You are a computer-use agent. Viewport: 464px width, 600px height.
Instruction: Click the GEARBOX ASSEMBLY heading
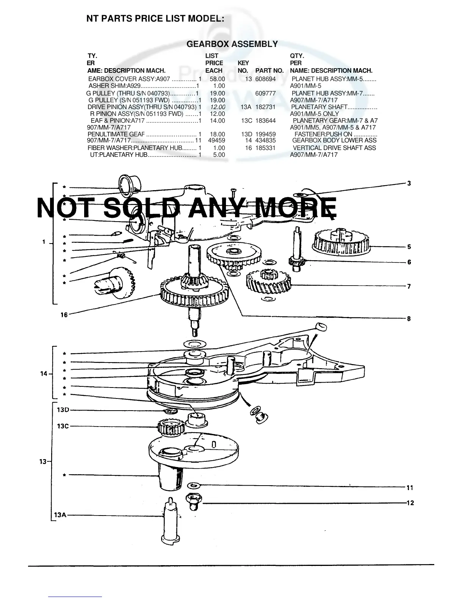pyautogui.click(x=232, y=44)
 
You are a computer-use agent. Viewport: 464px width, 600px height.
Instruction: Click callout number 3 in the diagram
pyautogui.click(x=409, y=184)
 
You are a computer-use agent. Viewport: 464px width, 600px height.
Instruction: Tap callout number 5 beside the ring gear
pyautogui.click(x=409, y=247)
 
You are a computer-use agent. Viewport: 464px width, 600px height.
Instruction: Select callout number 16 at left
pyautogui.click(x=64, y=314)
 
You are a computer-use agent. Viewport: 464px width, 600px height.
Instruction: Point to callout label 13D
pyautogui.click(x=63, y=410)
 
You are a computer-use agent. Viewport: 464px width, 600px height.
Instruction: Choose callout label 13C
pyautogui.click(x=63, y=426)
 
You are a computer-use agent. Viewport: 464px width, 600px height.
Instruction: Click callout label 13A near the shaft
pyautogui.click(x=61, y=515)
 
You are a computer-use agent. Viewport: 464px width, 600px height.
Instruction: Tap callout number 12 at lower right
pyautogui.click(x=410, y=503)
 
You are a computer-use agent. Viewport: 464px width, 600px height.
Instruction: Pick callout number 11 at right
pyautogui.click(x=410, y=487)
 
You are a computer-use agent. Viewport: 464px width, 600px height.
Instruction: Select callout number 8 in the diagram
pyautogui.click(x=409, y=319)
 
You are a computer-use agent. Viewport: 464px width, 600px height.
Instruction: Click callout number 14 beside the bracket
pyautogui.click(x=44, y=374)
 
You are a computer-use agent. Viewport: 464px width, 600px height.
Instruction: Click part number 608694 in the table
pyautogui.click(x=265, y=79)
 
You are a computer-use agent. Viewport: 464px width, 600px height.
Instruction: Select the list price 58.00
pyautogui.click(x=217, y=79)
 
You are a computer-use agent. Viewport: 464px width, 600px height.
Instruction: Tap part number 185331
pyautogui.click(x=265, y=148)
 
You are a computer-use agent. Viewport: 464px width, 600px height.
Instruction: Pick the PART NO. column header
pyautogui.click(x=270, y=70)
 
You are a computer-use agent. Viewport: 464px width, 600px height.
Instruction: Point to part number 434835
pyautogui.click(x=265, y=141)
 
